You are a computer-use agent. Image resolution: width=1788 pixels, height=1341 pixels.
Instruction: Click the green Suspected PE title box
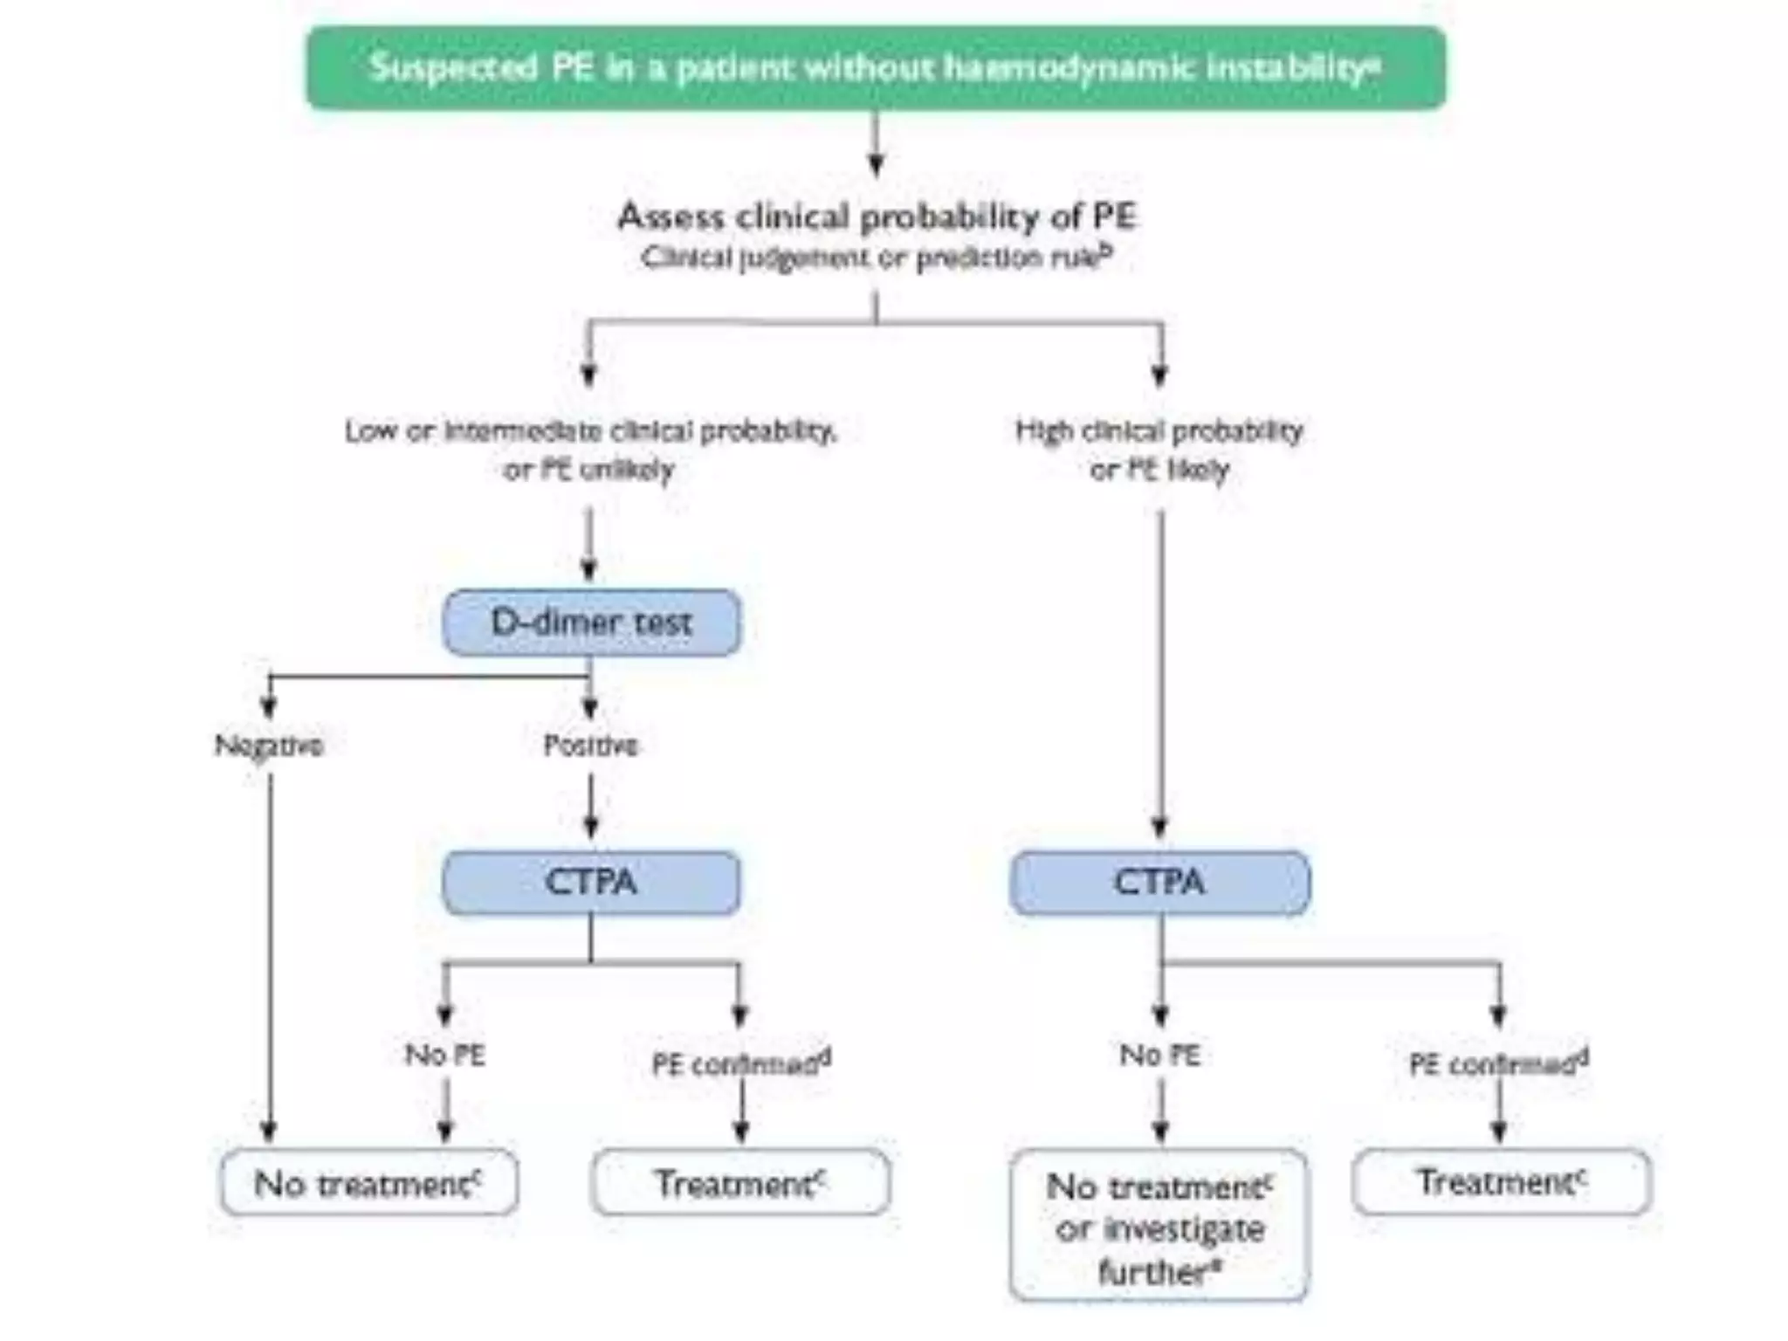pos(876,68)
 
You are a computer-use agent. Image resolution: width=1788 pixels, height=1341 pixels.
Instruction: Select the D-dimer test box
pos(591,622)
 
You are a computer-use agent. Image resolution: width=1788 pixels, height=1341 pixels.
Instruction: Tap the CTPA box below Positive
pos(591,883)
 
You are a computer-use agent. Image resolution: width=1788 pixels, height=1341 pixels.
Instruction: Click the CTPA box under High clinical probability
pos(1159,883)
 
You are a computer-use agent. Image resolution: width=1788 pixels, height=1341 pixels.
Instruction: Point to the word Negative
pos(269,746)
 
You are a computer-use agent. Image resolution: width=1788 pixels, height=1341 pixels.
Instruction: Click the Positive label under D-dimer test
pos(590,746)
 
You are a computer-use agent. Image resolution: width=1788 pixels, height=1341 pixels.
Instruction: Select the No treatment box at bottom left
pos(368,1184)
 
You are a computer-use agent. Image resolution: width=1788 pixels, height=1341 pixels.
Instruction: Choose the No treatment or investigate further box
pos(1159,1227)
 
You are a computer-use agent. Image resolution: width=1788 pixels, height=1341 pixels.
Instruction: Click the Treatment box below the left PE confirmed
pos(740,1184)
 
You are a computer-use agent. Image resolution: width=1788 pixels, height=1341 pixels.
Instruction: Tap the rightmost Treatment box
pos(1501,1182)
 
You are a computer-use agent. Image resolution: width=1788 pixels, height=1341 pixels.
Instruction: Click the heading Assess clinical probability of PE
pos(877,217)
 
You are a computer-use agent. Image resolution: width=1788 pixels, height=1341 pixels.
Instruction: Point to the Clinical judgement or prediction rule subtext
pos(877,258)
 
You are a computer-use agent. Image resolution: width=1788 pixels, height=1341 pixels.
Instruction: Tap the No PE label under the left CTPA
pos(444,1056)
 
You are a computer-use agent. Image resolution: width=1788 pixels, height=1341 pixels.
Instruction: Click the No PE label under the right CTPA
pos(1159,1056)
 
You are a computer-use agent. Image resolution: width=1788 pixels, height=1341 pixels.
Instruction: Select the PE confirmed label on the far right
pos(1498,1063)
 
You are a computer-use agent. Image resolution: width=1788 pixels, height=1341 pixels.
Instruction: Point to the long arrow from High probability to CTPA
pos(1160,672)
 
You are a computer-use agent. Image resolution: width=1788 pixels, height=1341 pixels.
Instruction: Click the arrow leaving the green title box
pos(877,144)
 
